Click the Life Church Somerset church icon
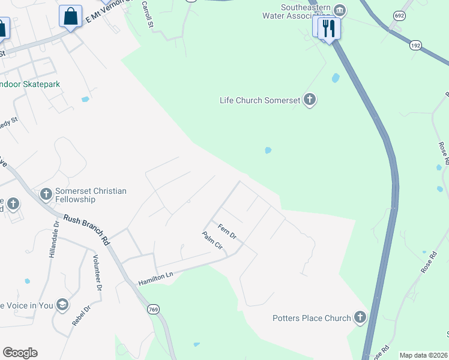point(309,100)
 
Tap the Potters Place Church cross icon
point(360,317)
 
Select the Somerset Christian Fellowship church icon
point(46,194)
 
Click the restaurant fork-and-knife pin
point(328,28)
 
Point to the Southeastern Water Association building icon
point(340,10)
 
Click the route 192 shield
point(415,45)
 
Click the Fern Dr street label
point(228,232)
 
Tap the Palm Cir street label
point(212,242)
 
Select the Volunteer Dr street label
point(96,273)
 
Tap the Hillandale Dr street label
point(53,239)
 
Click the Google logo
point(20,353)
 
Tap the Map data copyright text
point(423,355)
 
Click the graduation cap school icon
point(62,305)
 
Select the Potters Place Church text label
point(311,318)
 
